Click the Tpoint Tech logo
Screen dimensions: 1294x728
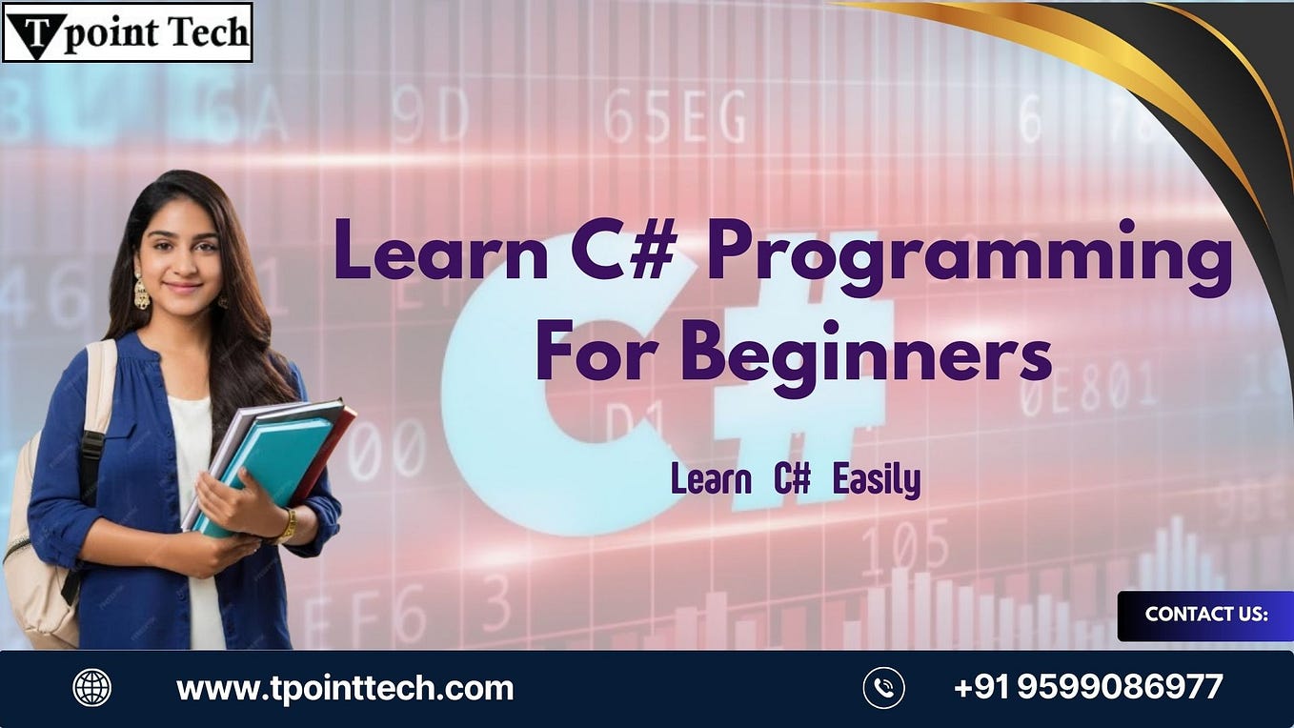pyautogui.click(x=127, y=32)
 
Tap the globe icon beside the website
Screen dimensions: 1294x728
pyautogui.click(x=91, y=688)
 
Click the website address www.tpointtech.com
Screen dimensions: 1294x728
pyautogui.click(x=345, y=688)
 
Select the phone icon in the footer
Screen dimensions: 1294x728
pyautogui.click(x=883, y=688)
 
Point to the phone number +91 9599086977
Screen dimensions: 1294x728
pyautogui.click(x=1088, y=687)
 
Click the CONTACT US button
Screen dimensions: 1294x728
pyautogui.click(x=1205, y=616)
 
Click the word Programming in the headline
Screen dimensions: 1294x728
pyautogui.click(x=969, y=257)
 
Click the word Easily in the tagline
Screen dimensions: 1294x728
pyautogui.click(x=877, y=481)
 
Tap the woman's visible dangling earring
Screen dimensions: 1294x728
pyautogui.click(x=141, y=291)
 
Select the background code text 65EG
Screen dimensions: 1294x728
pyautogui.click(x=675, y=118)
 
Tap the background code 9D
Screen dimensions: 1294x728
pyautogui.click(x=430, y=118)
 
